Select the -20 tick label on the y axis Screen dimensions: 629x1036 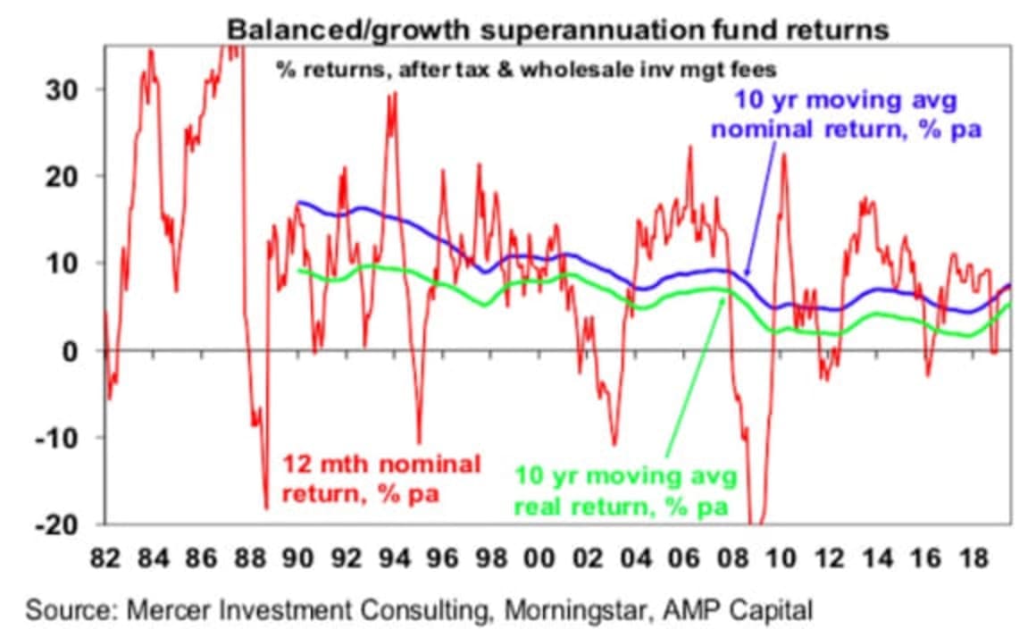[60, 524]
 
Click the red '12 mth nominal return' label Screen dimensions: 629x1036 [381, 479]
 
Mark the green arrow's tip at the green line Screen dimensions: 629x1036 [722, 298]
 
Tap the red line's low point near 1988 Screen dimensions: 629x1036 [265, 507]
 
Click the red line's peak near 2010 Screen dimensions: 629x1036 [783, 155]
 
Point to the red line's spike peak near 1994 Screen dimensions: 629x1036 [394, 94]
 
